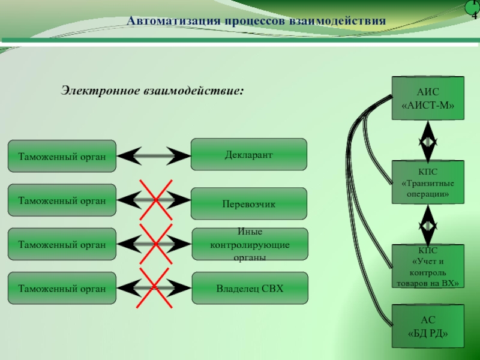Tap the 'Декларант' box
pos(248,155)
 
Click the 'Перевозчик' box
pos(248,204)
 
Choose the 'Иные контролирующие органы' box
pos(249,244)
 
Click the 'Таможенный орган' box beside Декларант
pos(62,156)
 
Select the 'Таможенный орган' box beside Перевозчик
pos(62,200)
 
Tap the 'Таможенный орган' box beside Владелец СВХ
pos(62,289)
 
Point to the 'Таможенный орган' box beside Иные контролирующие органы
pos(62,244)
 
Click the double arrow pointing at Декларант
pos(154,156)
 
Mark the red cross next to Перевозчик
pos(154,200)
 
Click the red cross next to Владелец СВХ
pos(154,289)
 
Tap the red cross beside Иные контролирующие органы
pos(154,244)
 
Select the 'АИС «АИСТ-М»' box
pos(428,98)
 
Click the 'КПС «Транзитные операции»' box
pos(428,182)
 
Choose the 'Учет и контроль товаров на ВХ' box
pos(428,266)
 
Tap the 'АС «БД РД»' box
pos(428,326)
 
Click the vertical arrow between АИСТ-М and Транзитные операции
pos(428,140)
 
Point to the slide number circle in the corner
pos(474,9)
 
